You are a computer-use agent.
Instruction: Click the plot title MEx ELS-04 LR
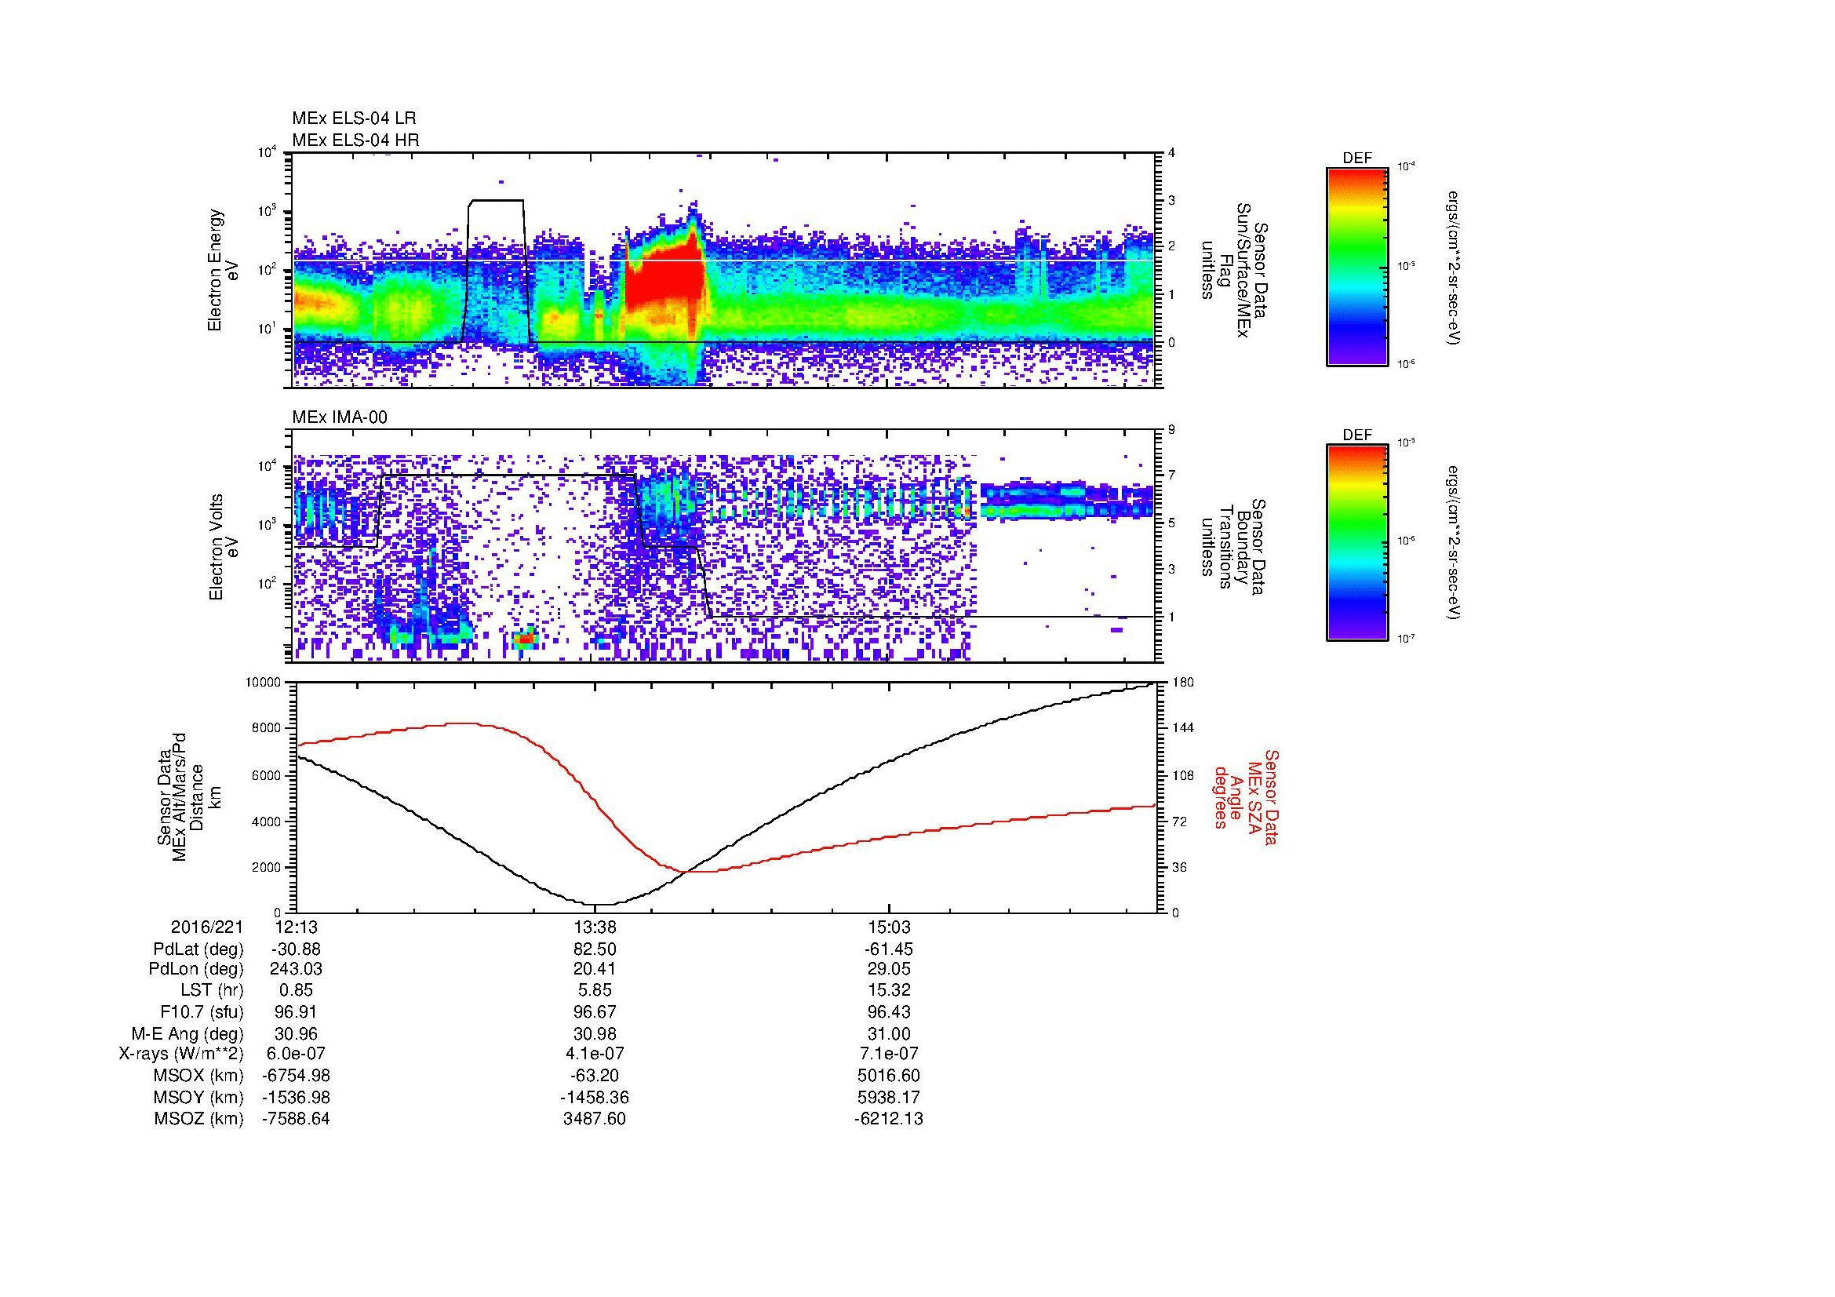(x=353, y=118)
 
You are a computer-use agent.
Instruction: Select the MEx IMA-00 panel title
(x=340, y=417)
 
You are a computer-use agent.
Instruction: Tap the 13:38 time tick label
(x=595, y=927)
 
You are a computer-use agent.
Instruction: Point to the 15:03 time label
(x=889, y=927)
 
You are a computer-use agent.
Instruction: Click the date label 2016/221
(x=207, y=927)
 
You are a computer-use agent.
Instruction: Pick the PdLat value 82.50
(x=595, y=949)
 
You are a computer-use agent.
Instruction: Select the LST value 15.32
(x=889, y=991)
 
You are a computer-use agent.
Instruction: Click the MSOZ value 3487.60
(x=595, y=1119)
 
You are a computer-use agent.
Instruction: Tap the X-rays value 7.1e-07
(x=889, y=1054)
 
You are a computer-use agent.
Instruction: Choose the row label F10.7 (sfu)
(x=202, y=1012)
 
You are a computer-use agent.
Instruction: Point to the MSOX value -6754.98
(x=297, y=1076)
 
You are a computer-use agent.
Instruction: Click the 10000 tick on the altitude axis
(x=264, y=683)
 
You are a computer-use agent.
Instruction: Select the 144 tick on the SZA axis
(x=1182, y=728)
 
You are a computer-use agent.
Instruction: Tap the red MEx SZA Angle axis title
(x=1245, y=796)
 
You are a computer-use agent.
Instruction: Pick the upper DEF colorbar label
(x=1357, y=158)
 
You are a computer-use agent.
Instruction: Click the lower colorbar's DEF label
(x=1357, y=435)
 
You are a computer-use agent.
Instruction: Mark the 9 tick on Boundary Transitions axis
(x=1171, y=430)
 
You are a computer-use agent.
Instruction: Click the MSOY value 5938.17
(x=889, y=1097)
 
